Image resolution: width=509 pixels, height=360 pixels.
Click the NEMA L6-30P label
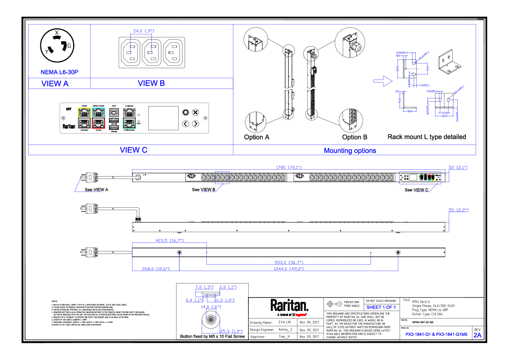(x=59, y=72)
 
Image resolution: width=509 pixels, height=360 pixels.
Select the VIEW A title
(x=55, y=83)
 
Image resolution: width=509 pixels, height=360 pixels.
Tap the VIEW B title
(x=151, y=83)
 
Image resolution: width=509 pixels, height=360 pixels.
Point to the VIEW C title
(x=133, y=150)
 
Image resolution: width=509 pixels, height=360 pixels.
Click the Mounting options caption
(x=350, y=150)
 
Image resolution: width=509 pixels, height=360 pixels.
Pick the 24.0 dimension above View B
(x=143, y=31)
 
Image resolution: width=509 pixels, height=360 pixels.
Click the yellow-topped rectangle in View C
(x=84, y=118)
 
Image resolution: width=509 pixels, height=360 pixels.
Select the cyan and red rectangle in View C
(x=98, y=118)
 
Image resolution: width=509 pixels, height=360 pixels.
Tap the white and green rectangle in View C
(x=129, y=118)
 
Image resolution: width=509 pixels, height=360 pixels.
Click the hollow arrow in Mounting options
(x=383, y=81)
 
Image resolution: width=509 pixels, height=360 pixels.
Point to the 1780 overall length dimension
(x=288, y=168)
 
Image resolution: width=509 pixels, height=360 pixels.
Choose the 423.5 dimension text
(x=169, y=241)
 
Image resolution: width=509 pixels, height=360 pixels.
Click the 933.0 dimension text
(x=289, y=262)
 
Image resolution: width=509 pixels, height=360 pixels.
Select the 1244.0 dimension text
(x=288, y=269)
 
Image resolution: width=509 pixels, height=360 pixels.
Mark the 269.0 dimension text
(x=156, y=269)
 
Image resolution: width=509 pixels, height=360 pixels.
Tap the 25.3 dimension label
(x=231, y=331)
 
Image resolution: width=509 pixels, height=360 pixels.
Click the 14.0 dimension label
(x=211, y=307)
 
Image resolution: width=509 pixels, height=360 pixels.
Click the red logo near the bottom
(x=300, y=315)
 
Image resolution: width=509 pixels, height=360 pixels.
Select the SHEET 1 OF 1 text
(x=381, y=307)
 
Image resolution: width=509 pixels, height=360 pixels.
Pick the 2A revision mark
(x=477, y=335)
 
